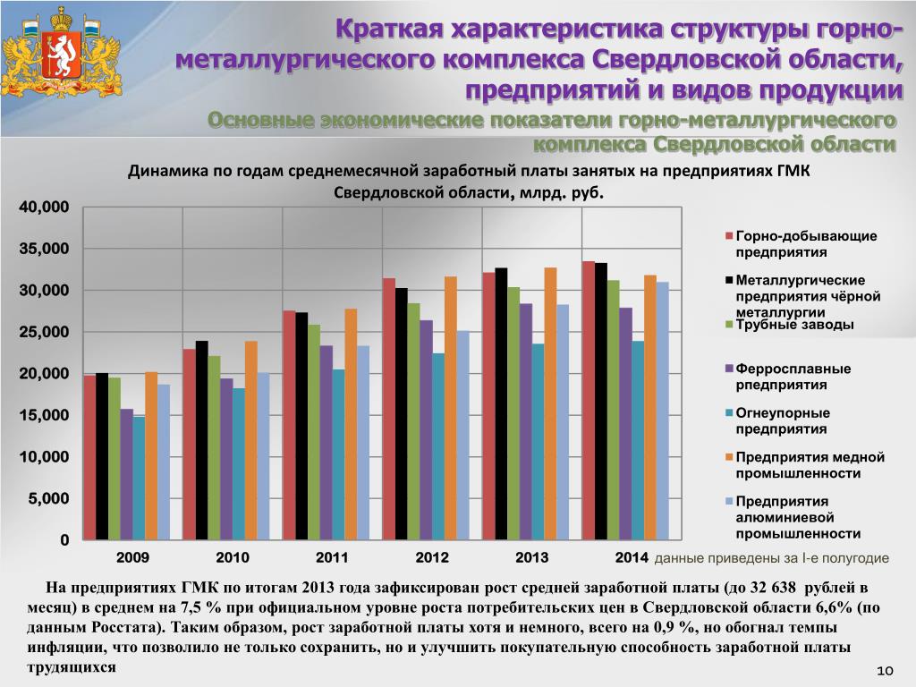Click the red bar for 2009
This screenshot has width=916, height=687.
[x=89, y=457]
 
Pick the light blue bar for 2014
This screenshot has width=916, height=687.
[x=662, y=411]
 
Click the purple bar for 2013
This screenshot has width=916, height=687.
[x=526, y=421]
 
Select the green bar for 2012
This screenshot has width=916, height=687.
[x=413, y=421]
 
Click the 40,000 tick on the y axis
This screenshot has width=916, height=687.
[x=44, y=208]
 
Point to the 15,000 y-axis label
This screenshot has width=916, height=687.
[x=44, y=416]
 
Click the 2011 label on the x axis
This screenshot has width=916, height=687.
[x=332, y=558]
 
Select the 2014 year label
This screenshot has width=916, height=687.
[x=632, y=558]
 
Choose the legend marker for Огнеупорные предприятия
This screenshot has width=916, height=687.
[x=729, y=413]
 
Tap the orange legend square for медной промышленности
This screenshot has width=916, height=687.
[x=729, y=457]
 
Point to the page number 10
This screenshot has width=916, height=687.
[x=886, y=671]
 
